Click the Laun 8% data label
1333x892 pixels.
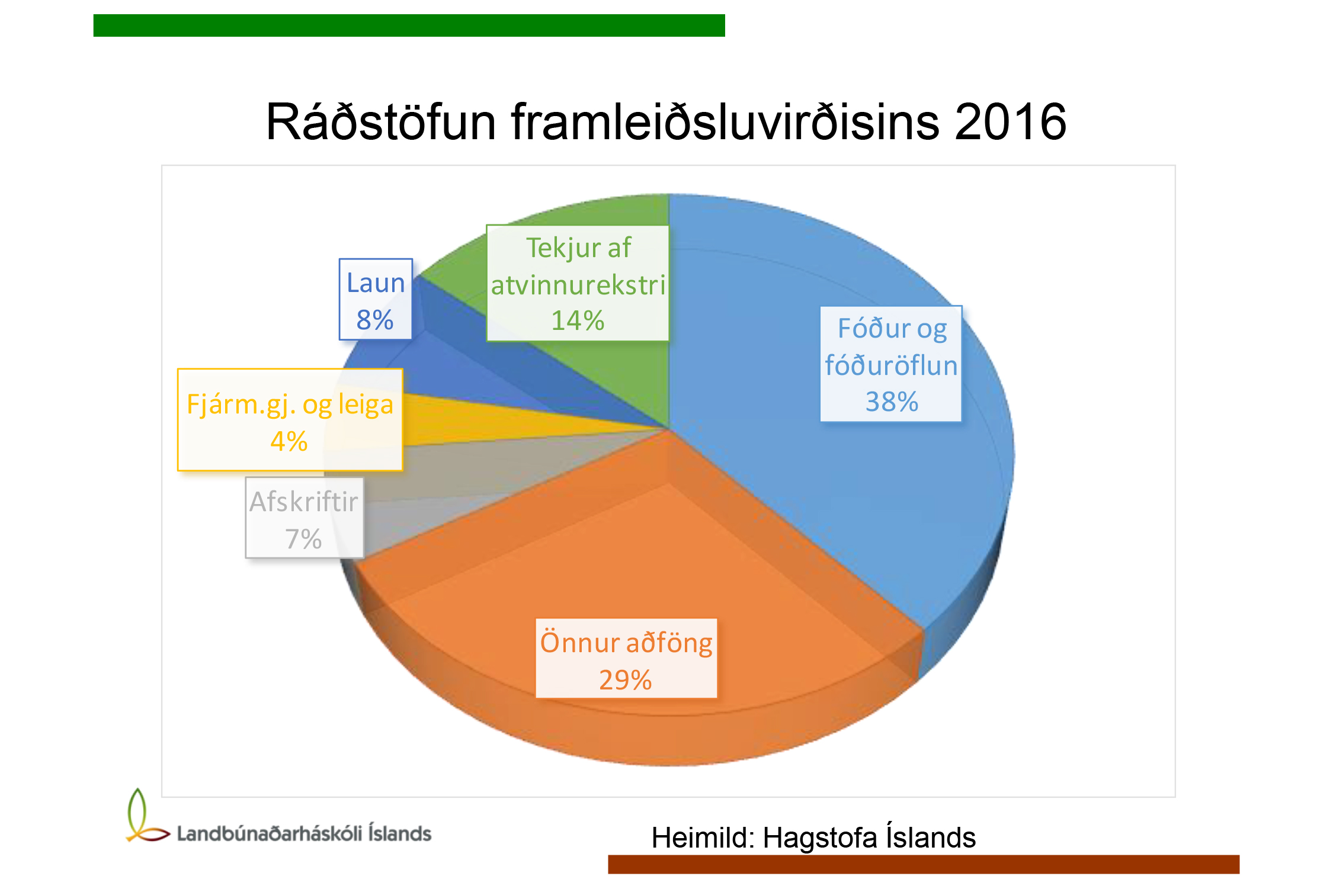pyautogui.click(x=376, y=299)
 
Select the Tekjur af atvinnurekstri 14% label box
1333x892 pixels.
pyautogui.click(x=578, y=283)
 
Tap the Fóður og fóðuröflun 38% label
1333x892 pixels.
pyautogui.click(x=891, y=364)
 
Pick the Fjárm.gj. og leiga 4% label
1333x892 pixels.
pyautogui.click(x=290, y=420)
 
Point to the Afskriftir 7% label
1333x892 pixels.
pyautogui.click(x=305, y=518)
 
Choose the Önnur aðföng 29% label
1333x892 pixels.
pyautogui.click(x=626, y=658)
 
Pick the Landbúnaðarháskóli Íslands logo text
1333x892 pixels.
pyautogui.click(x=304, y=833)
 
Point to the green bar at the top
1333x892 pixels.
pyautogui.click(x=409, y=25)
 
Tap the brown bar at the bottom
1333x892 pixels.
pyautogui.click(x=924, y=864)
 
